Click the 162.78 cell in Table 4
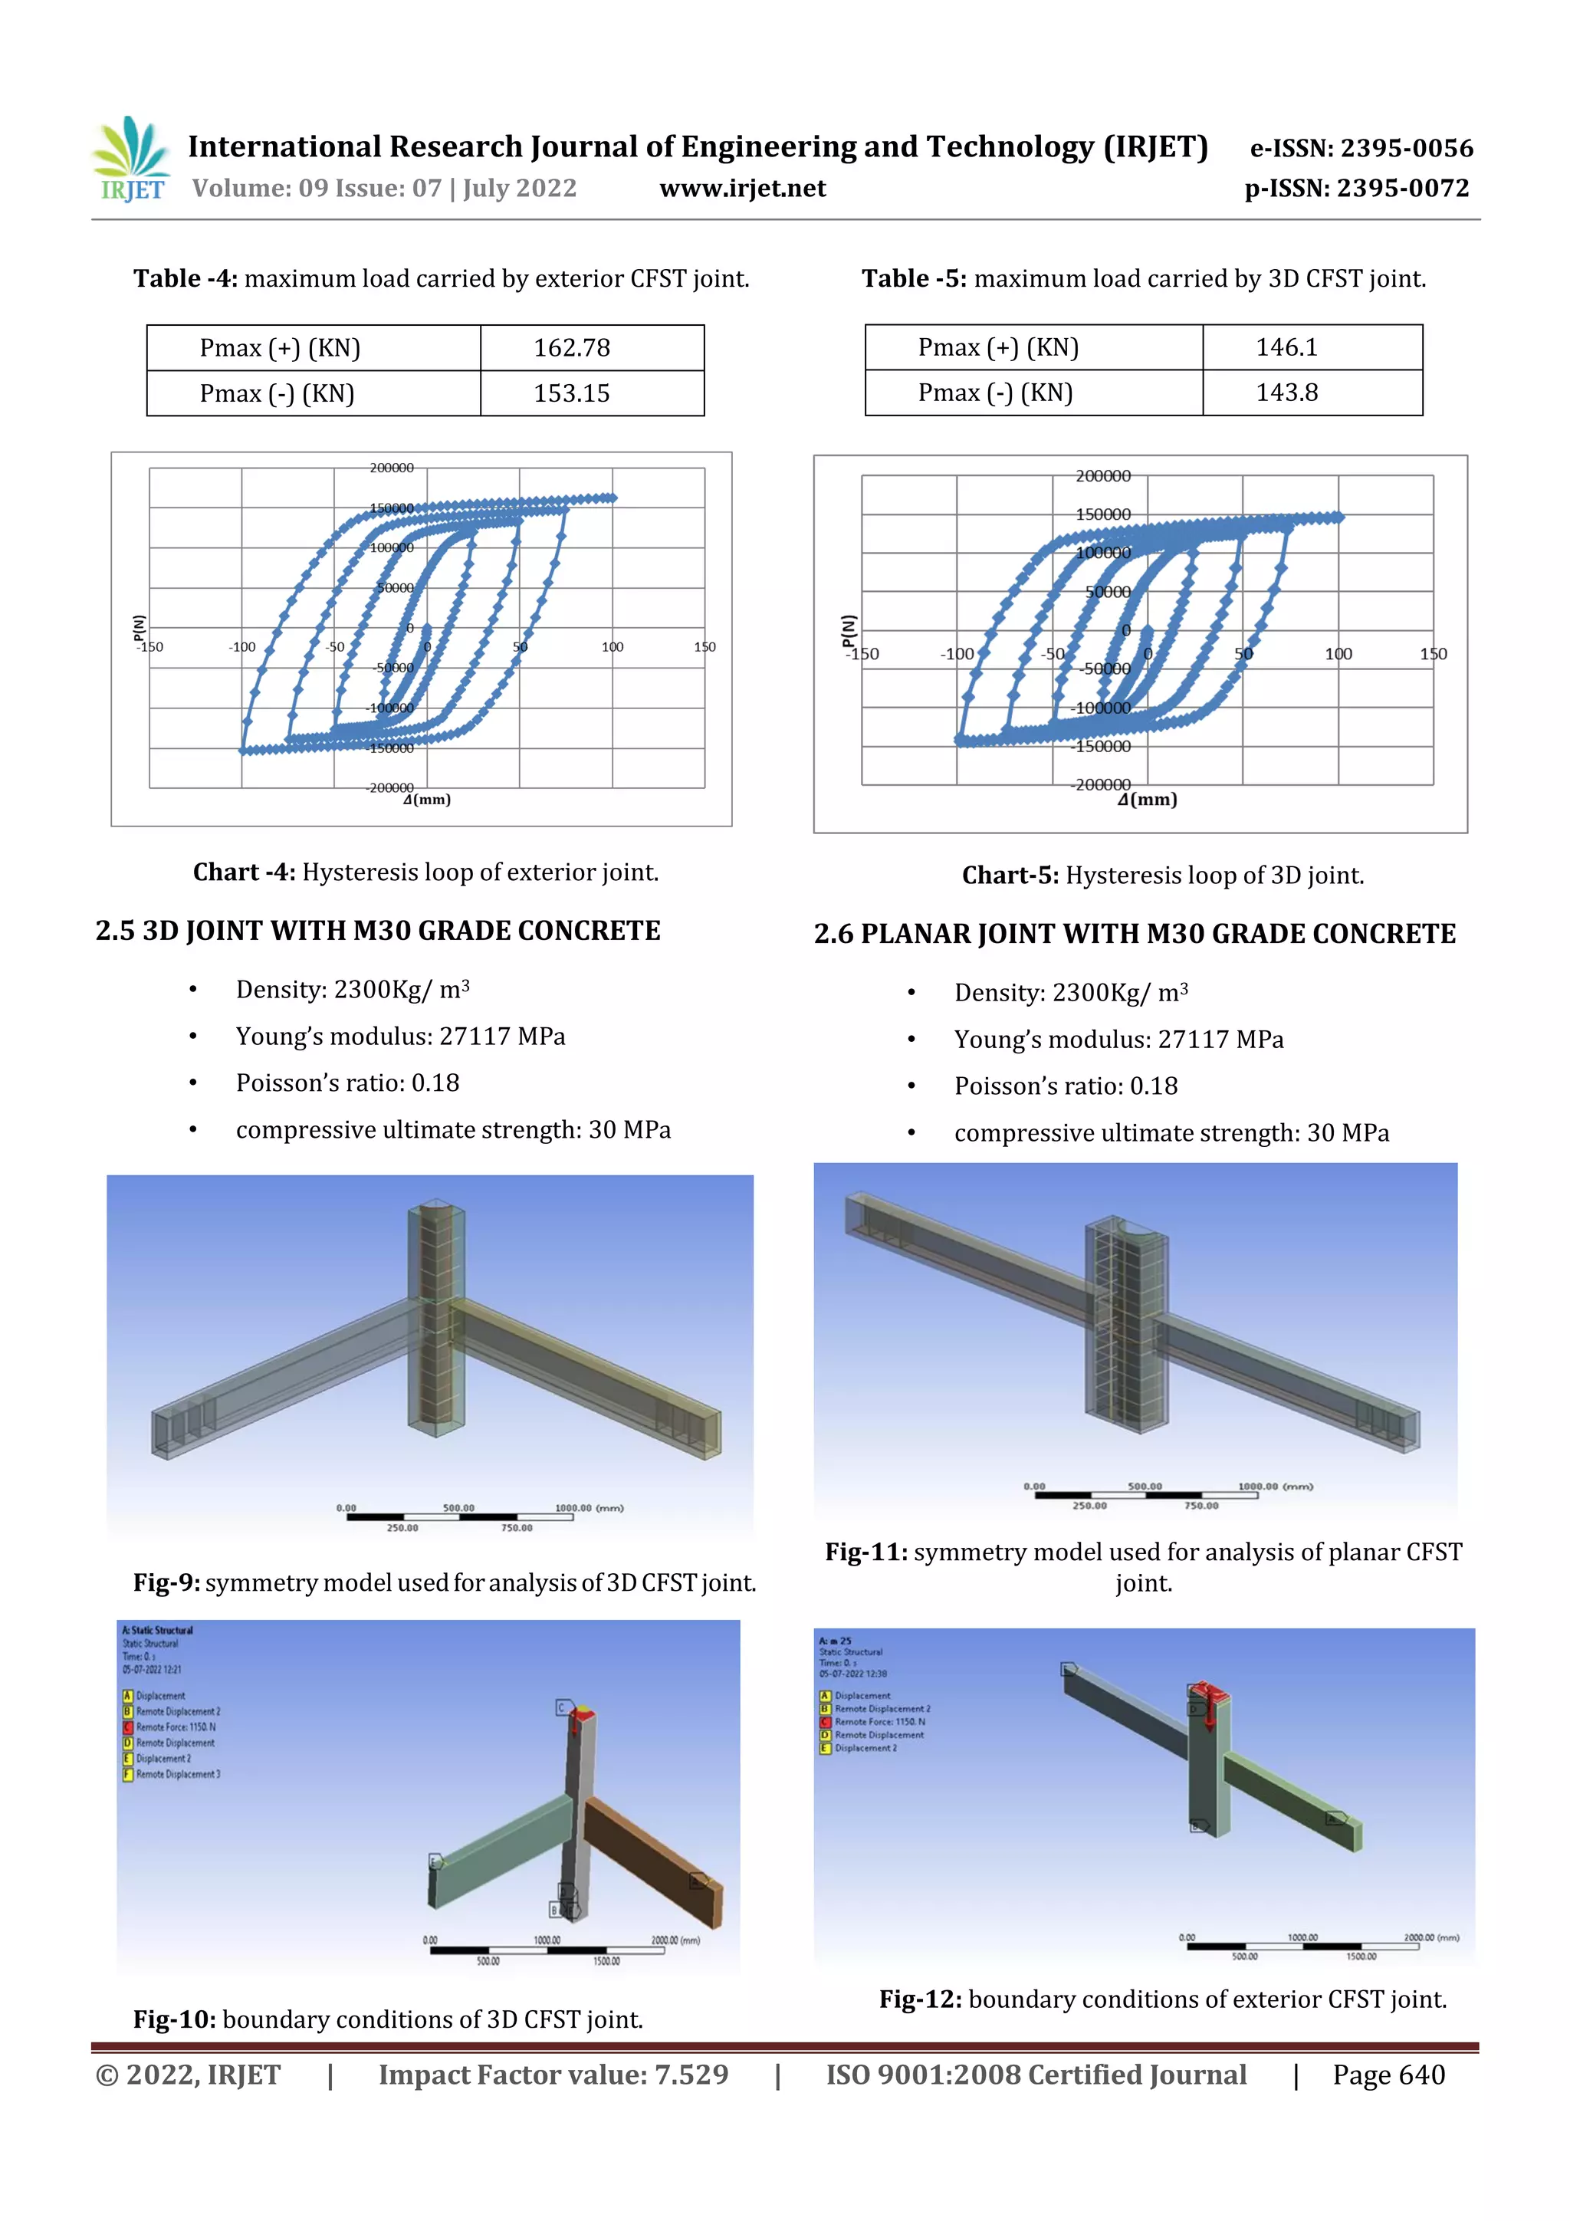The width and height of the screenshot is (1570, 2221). [572, 348]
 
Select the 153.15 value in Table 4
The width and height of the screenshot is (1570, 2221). [572, 394]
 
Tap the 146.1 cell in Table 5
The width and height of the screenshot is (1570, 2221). [1286, 347]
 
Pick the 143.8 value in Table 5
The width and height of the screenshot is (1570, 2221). [1286, 393]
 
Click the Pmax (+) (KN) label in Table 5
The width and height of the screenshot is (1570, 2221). [998, 347]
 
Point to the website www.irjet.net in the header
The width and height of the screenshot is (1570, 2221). [743, 189]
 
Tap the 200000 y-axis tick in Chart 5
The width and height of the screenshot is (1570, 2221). [1103, 476]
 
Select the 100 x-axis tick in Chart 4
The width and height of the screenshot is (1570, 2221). [613, 647]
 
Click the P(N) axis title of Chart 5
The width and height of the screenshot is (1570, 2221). [849, 631]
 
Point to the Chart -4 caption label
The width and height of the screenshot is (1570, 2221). [244, 872]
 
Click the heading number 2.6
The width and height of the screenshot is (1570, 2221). [833, 935]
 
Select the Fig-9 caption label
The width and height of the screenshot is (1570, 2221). [166, 1582]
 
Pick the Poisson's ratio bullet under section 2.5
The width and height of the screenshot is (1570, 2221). [347, 1083]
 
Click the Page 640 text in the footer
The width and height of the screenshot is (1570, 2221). [1388, 2075]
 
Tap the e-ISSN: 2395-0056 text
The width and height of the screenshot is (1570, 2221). [1361, 148]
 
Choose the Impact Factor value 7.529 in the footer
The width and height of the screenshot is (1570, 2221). [553, 2075]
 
